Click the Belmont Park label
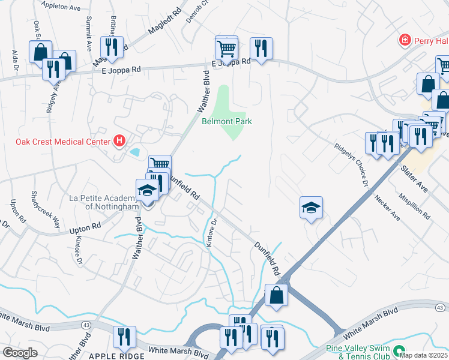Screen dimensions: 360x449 pyautogui.click(x=226, y=121)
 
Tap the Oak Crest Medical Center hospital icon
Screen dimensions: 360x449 pyautogui.click(x=119, y=142)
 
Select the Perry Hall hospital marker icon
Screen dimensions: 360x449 pyautogui.click(x=405, y=40)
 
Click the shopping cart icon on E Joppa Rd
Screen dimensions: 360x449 pyautogui.click(x=226, y=47)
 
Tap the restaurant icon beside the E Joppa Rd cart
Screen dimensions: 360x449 pyautogui.click(x=261, y=47)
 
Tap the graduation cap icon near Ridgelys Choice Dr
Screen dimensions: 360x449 pyautogui.click(x=311, y=208)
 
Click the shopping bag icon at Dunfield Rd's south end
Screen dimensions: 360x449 pyautogui.click(x=276, y=295)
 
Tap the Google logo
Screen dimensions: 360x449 pyautogui.click(x=20, y=352)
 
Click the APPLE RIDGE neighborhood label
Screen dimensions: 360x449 pyautogui.click(x=116, y=356)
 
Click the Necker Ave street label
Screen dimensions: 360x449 pyautogui.click(x=387, y=207)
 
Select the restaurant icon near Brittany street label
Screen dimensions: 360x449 pyautogui.click(x=111, y=46)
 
